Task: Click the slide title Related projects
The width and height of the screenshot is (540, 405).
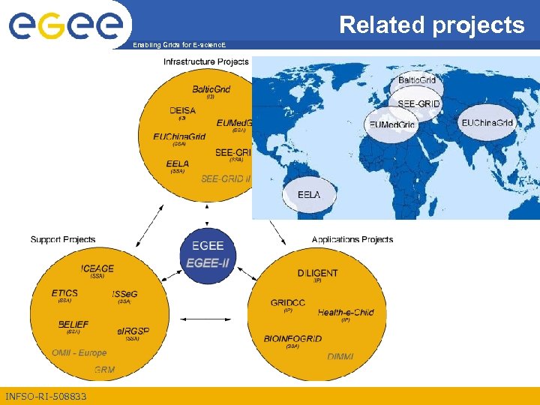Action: tap(432, 25)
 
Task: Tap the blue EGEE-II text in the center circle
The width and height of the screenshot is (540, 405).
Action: tap(208, 262)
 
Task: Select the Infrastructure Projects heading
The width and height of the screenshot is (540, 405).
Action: tap(205, 61)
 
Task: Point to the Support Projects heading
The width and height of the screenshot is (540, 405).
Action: tap(63, 240)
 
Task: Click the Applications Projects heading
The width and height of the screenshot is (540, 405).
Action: tap(352, 240)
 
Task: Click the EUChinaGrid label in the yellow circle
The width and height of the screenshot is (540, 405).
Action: tap(179, 136)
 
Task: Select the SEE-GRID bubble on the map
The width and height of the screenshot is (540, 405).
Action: tap(418, 103)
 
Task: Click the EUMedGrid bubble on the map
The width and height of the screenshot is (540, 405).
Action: tap(391, 124)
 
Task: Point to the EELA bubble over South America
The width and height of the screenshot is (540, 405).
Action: tap(308, 195)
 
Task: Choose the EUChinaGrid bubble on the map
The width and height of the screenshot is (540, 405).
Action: tap(487, 123)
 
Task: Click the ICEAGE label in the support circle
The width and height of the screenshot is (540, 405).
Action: tap(97, 268)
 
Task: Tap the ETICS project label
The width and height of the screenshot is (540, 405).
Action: tap(64, 293)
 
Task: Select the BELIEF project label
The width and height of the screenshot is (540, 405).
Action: tap(73, 325)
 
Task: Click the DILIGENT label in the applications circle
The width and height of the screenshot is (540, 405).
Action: tap(317, 273)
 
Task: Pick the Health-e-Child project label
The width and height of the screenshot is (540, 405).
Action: tap(345, 313)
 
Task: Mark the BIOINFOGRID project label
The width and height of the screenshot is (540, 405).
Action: tap(292, 339)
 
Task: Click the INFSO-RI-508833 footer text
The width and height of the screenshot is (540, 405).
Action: tap(46, 396)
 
